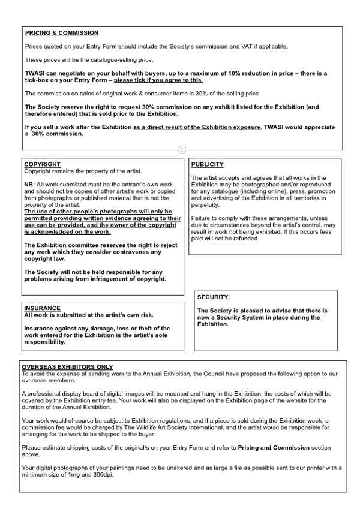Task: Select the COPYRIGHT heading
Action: tap(42, 164)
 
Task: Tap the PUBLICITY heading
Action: tap(208, 164)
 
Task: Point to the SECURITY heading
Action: tap(212, 297)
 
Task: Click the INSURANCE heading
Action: tap(42, 308)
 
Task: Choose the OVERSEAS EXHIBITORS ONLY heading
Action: tap(67, 367)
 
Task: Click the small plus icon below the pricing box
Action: tap(182, 150)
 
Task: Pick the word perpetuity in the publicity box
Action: tap(206, 204)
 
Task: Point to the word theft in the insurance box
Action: tap(134, 329)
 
